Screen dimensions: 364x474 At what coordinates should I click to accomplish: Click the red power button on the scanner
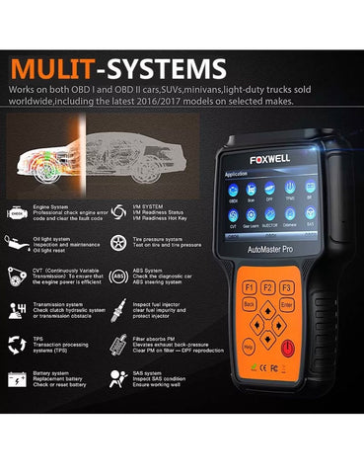[286, 352]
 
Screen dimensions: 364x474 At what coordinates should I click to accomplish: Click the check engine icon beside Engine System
[18, 210]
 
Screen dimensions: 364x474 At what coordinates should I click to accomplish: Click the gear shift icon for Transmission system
[18, 310]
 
